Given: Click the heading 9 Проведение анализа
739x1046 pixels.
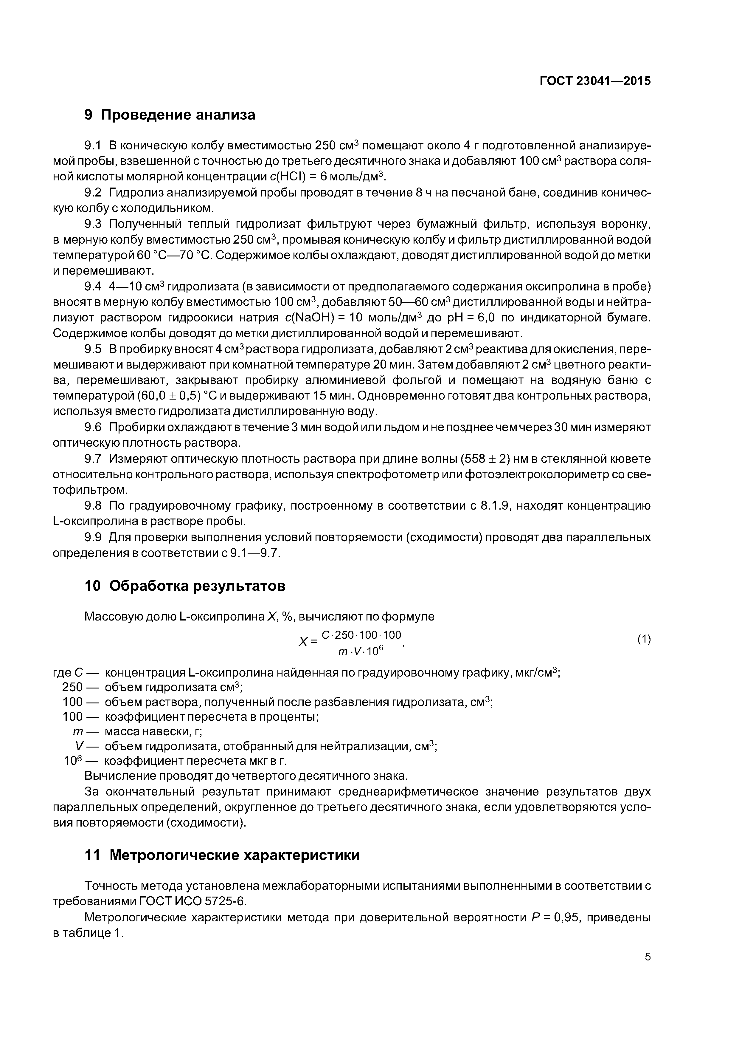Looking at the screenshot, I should tap(170, 115).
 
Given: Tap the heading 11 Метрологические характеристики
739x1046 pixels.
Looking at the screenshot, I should tap(222, 855).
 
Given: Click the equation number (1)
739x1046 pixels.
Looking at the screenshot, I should tap(644, 640).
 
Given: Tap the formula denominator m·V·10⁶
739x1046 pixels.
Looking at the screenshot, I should tap(361, 652).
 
